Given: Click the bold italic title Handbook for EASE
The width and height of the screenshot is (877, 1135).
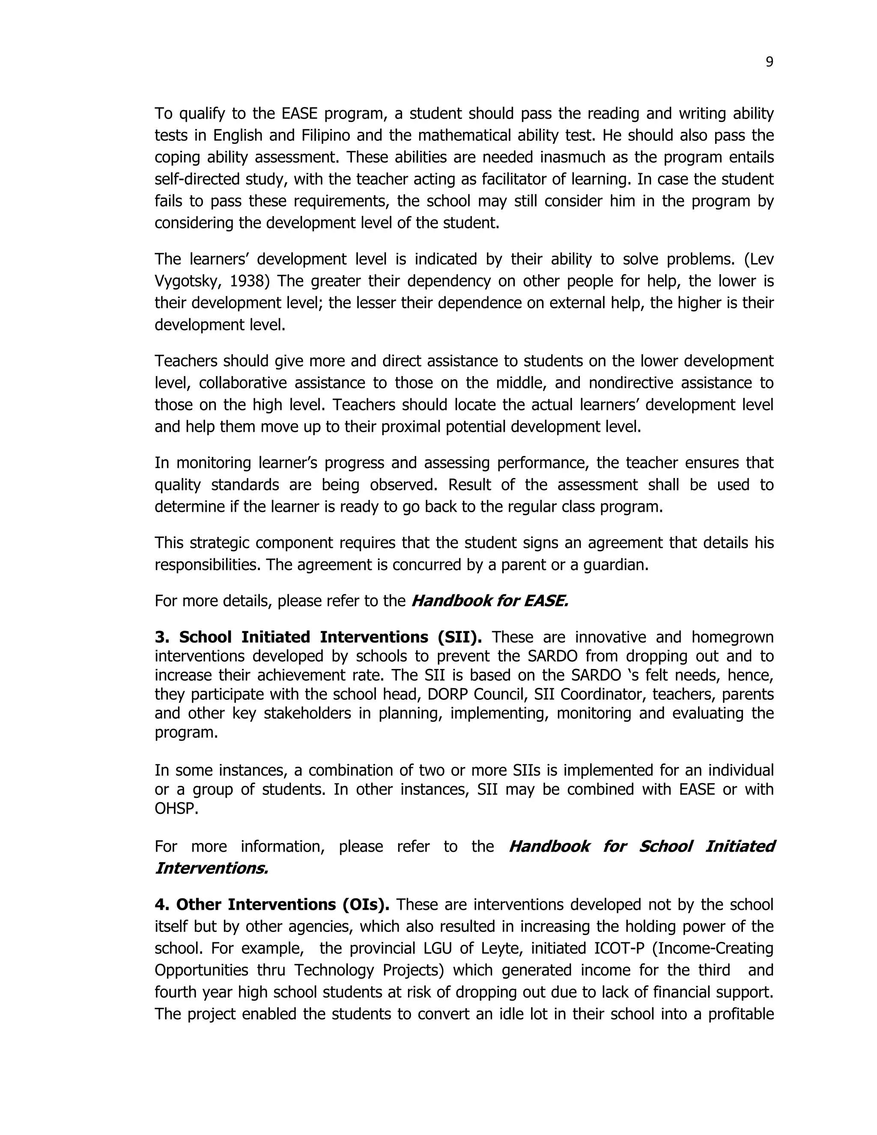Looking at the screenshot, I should (x=489, y=601).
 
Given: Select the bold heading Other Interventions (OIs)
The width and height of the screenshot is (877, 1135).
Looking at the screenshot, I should (x=272, y=905).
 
